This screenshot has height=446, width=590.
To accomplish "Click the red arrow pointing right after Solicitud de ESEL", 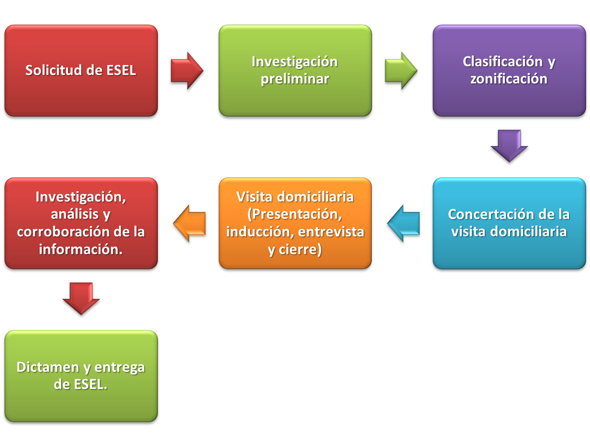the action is [187, 70].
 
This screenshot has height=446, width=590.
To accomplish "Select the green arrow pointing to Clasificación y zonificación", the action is [401, 70].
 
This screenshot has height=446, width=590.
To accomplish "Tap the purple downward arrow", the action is [509, 145].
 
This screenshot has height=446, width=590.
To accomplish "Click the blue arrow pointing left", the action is [403, 223].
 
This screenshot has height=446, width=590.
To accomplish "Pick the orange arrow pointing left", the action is [189, 223].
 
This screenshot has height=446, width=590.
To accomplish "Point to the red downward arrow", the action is [81, 298].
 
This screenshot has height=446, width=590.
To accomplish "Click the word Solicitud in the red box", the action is [53, 70].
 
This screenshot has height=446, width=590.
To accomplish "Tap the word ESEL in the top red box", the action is [121, 70].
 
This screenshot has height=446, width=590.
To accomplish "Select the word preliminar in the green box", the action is [295, 79].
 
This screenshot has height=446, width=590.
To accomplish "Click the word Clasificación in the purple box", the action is [502, 62].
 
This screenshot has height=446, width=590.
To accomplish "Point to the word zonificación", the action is [508, 79].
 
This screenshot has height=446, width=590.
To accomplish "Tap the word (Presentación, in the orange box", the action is [295, 215].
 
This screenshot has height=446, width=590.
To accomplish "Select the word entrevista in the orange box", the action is [331, 232].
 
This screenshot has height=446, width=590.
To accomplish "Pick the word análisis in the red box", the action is [75, 214].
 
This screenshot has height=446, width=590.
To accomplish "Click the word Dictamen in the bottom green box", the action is [48, 367].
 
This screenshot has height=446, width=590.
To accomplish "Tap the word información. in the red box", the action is [81, 249].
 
